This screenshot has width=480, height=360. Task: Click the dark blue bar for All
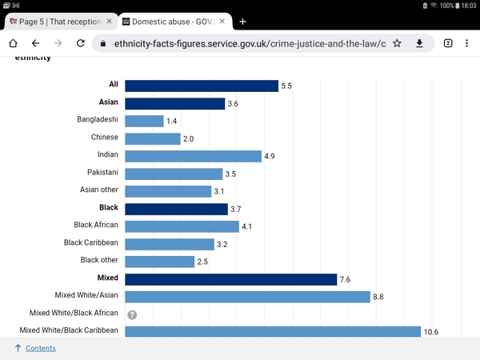[202, 86]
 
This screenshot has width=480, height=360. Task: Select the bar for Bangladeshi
[144, 122]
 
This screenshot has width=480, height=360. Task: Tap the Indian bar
[193, 156]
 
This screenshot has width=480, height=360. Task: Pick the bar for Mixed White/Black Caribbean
[273, 331]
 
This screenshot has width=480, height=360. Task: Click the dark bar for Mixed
[231, 279]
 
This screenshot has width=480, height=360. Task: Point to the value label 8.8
[378, 297]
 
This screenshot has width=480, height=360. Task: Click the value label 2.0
[188, 139]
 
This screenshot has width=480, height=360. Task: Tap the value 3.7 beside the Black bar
[236, 210]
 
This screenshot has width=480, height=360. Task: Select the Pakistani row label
[102, 172]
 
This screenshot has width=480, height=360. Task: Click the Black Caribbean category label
[91, 242]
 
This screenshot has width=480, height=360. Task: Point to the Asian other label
[99, 190]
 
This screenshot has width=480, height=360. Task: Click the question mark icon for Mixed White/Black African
[132, 314]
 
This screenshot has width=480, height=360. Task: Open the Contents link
[41, 348]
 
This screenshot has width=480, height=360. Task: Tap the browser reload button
[81, 43]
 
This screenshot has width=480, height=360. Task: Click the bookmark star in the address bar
[397, 43]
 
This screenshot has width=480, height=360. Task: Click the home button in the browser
[13, 43]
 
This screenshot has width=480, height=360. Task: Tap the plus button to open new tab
[242, 22]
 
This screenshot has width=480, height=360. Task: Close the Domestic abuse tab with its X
[222, 21]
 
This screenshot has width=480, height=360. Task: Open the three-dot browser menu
[467, 43]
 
